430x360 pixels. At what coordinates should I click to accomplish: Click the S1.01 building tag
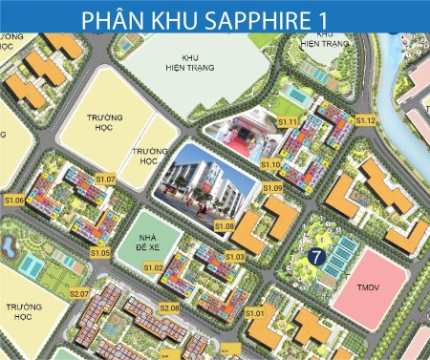point(254,313)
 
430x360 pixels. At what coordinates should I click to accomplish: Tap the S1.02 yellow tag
point(154,268)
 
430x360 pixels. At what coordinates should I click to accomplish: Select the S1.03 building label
point(235,257)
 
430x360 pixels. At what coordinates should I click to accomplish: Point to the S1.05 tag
point(100,252)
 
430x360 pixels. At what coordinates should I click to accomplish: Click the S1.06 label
point(14,201)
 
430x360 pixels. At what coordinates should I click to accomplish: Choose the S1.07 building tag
point(105,179)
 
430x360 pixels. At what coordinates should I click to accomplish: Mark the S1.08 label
point(225,225)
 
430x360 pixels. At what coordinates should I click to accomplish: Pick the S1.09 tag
point(273,188)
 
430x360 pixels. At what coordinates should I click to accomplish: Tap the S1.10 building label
point(270,164)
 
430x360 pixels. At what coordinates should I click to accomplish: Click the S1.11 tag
point(288,122)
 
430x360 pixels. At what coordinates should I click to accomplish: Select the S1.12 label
point(366,121)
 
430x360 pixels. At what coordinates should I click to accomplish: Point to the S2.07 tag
point(78,293)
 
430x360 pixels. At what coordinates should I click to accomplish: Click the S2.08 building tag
point(169,308)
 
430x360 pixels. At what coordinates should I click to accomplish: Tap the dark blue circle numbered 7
point(317,255)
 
